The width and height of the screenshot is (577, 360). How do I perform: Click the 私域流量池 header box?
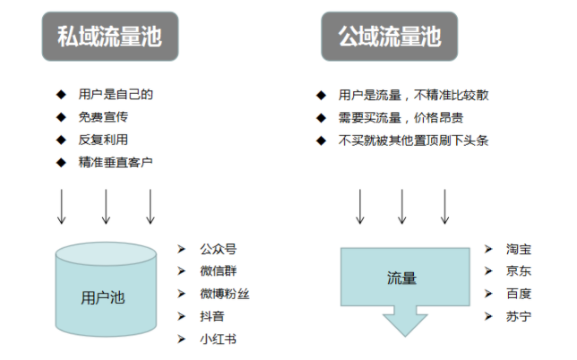[109, 37]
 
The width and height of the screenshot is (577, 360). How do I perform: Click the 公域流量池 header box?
[389, 37]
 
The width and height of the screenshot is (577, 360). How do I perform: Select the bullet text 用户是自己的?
[109, 94]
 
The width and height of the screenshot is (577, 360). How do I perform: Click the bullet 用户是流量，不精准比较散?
[413, 95]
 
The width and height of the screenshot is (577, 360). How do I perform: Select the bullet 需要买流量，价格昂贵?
[400, 117]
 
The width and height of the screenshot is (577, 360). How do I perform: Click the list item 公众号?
[219, 248]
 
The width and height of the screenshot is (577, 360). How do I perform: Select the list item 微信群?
[219, 270]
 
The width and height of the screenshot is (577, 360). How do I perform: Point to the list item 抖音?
[212, 316]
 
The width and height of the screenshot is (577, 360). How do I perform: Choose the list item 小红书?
[219, 339]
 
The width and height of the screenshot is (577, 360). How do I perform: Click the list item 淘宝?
[518, 248]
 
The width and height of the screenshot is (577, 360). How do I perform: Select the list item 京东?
[518, 270]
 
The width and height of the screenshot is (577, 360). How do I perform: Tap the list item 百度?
[518, 294]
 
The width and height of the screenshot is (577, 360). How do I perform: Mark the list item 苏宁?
[518, 316]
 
